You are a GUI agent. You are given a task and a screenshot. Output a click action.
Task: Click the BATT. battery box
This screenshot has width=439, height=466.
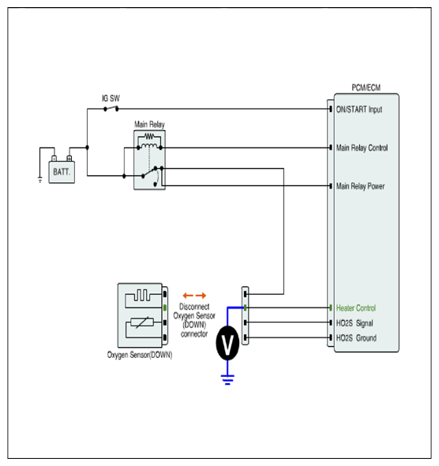click(62, 172)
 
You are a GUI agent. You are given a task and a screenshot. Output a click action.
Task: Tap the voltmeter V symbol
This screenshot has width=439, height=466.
click(227, 343)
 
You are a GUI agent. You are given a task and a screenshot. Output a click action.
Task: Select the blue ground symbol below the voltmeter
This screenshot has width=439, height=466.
click(227, 380)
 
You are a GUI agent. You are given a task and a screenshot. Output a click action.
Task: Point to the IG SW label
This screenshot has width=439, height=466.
click(111, 99)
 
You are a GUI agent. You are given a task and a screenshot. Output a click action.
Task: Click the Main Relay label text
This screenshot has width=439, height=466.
click(149, 125)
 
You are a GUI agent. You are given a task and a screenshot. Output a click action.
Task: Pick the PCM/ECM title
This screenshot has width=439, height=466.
click(366, 88)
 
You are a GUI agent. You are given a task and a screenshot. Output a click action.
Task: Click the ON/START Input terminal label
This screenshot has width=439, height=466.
click(359, 110)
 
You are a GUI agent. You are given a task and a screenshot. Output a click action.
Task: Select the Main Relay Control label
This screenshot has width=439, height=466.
click(362, 147)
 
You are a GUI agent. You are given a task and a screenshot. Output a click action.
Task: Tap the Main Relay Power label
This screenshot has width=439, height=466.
click(360, 186)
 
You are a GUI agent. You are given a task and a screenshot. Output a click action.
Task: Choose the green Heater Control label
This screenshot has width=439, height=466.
click(356, 308)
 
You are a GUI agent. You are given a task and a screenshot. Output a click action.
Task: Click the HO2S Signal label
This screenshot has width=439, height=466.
click(355, 323)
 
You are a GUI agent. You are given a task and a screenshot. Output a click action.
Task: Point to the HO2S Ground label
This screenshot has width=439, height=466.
click(356, 338)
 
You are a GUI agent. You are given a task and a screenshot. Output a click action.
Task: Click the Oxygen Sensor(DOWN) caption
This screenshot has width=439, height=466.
click(140, 355)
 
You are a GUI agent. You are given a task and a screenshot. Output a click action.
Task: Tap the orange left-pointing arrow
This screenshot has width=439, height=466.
click(187, 296)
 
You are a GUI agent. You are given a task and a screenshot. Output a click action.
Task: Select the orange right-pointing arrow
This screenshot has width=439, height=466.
click(201, 296)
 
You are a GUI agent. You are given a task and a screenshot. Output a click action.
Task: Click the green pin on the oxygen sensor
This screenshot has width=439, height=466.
click(165, 308)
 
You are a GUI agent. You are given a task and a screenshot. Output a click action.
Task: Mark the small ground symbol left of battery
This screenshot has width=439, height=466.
click(40, 180)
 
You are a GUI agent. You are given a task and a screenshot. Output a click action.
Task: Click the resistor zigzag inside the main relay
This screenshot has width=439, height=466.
click(149, 136)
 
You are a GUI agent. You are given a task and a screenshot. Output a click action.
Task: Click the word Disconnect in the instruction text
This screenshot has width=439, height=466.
click(194, 307)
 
